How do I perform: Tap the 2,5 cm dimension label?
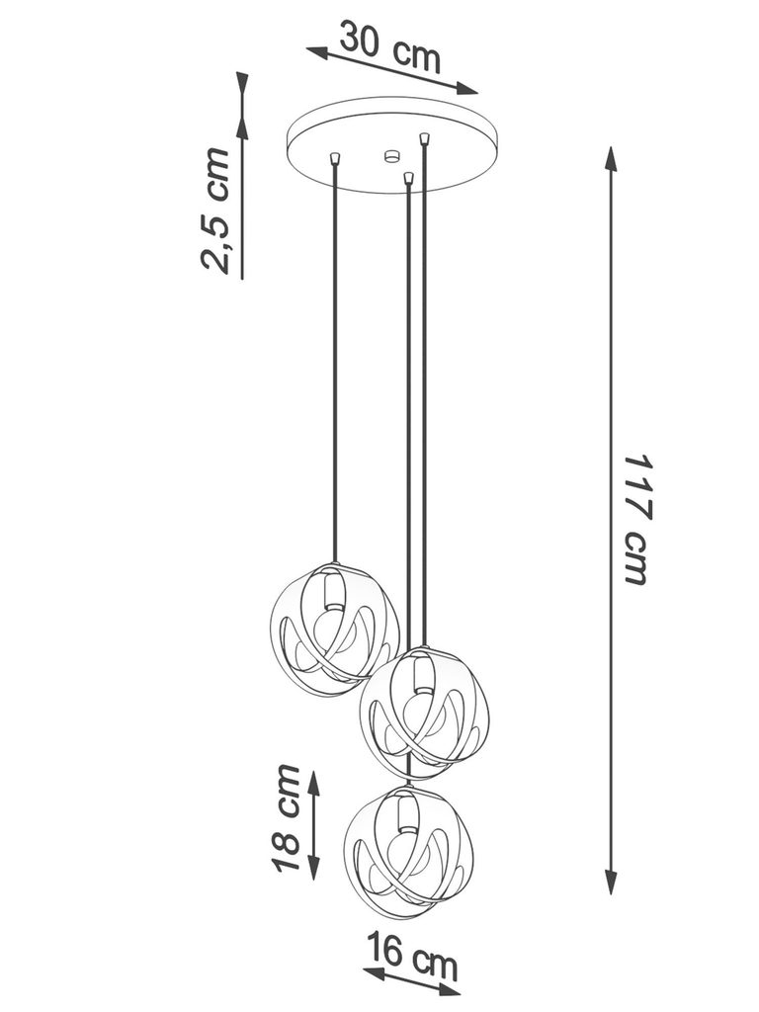(216, 210)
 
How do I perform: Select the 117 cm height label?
(637, 519)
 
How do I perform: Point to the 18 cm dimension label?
(287, 818)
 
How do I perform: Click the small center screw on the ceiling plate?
(390, 155)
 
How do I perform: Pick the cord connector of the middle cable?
(408, 178)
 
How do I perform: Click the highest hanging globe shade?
(334, 629)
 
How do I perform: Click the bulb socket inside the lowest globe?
(404, 813)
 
